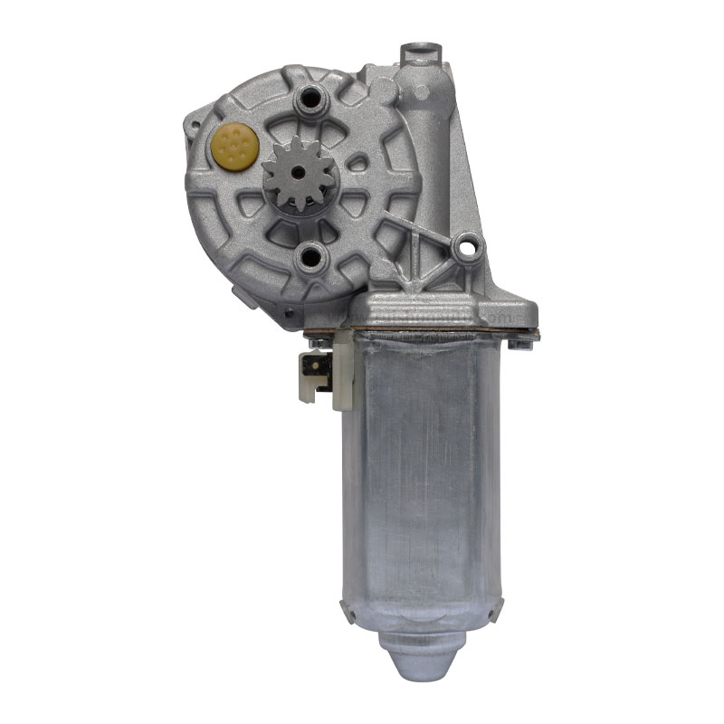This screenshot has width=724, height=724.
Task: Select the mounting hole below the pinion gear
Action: pyautogui.click(x=310, y=257)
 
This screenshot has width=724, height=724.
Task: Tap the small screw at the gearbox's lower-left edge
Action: pyautogui.click(x=288, y=313)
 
